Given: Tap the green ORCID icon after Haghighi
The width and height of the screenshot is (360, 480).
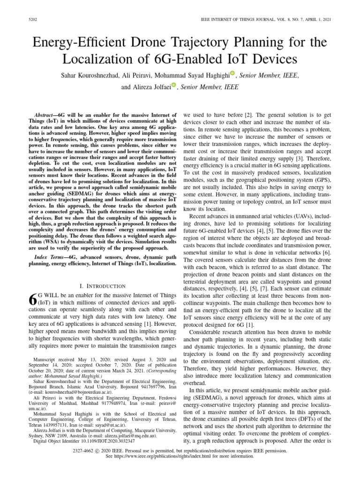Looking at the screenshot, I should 233,73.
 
